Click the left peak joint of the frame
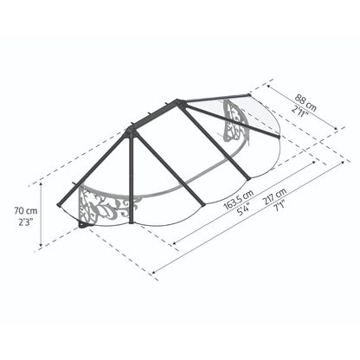(x=131, y=130)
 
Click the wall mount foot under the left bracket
(x=82, y=228)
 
